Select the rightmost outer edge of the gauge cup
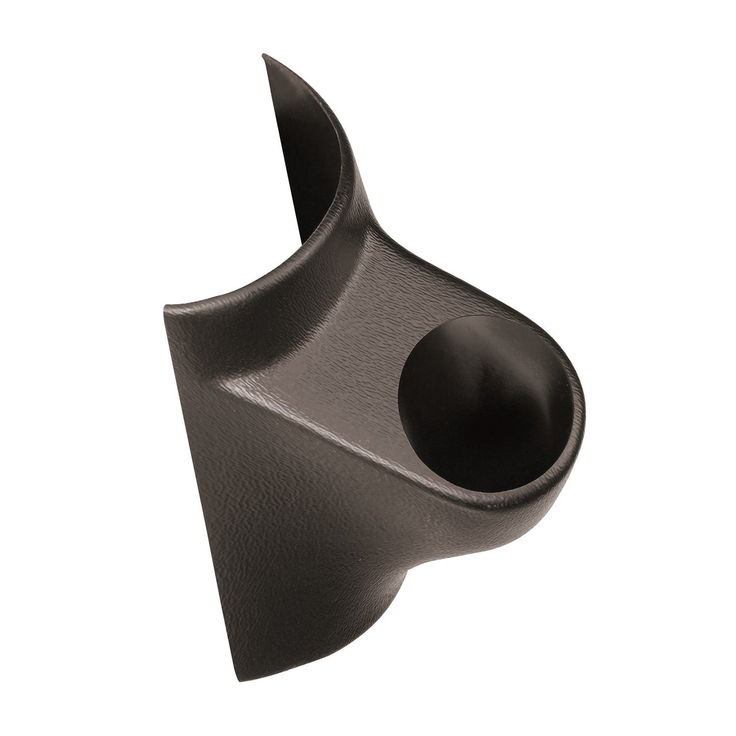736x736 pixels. point(585,407)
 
